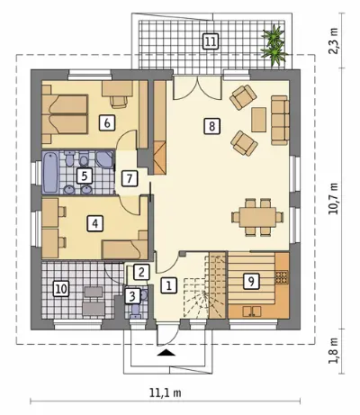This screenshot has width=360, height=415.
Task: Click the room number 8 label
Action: pos(211,126)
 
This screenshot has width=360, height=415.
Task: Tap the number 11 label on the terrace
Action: pos(211,41)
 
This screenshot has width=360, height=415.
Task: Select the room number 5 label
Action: pos(85,176)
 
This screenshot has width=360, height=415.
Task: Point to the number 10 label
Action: pos(61,289)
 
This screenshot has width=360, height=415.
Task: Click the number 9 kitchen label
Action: pos(251,281)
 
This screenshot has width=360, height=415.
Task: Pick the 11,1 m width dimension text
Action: pos(165,392)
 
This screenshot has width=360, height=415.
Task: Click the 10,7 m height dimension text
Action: pos(333,198)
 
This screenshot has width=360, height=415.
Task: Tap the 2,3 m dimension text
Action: pos(333,41)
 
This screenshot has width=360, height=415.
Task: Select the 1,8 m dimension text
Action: pos(333,351)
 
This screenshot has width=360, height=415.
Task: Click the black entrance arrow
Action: pos(166,353)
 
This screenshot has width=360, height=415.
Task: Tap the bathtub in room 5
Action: pos(49,172)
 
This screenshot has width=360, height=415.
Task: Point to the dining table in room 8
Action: pos(257,217)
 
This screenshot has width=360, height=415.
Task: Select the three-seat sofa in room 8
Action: pos(280,121)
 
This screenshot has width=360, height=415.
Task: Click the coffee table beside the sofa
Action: pos(259,120)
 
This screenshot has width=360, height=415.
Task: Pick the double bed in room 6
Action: pos(65,114)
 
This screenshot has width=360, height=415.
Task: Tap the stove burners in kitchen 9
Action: pos(282,277)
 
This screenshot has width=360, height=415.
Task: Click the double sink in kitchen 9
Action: pos(252,311)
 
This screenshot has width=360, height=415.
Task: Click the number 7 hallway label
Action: pos(130,179)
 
